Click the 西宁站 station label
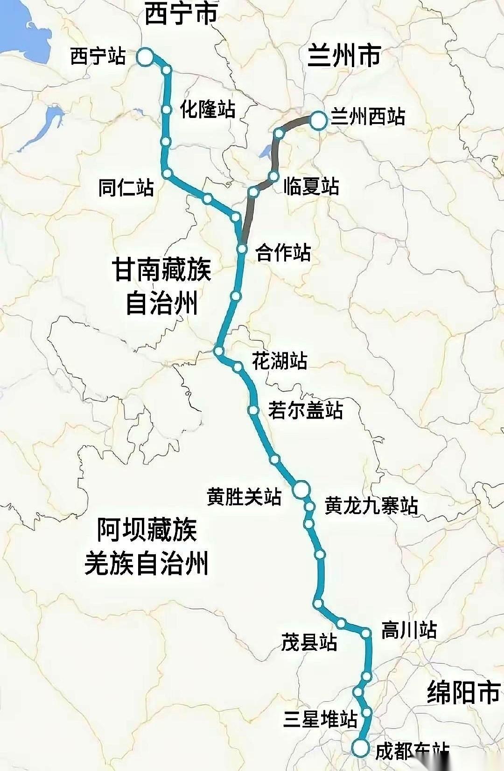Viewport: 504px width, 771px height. [x=98, y=57]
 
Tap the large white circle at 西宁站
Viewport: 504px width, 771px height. [x=145, y=57]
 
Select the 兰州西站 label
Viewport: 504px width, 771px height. [x=368, y=117]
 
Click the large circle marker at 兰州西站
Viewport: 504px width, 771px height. [x=319, y=120]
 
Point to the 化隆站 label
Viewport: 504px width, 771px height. [x=208, y=110]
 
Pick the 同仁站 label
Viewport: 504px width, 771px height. [x=126, y=188]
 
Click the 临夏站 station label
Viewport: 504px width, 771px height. [x=311, y=186]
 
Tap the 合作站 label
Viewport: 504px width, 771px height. [x=283, y=253]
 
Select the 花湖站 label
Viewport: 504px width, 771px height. [x=280, y=361]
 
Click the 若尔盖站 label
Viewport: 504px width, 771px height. [x=306, y=410]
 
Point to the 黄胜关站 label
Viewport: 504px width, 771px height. [x=244, y=497]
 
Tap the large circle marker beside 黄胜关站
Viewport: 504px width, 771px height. [x=301, y=489]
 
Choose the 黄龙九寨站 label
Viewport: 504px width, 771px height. [x=371, y=506]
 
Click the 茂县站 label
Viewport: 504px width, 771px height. [x=309, y=642]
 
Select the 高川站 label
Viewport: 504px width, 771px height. [x=409, y=630]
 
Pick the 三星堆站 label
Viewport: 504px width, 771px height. [x=320, y=719]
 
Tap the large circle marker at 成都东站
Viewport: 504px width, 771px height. [x=360, y=748]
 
